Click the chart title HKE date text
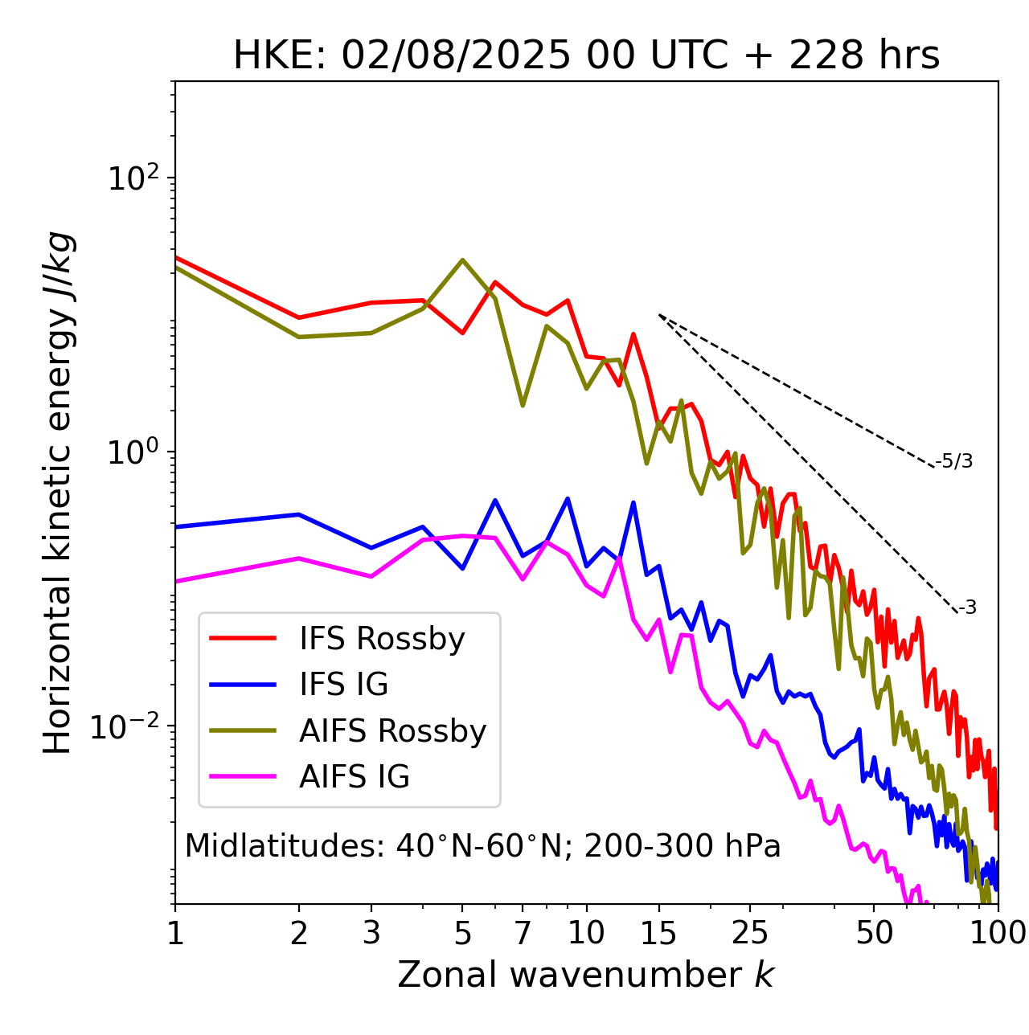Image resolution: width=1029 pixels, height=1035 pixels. coord(586,56)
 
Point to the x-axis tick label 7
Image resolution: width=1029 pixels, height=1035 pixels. coord(523,933)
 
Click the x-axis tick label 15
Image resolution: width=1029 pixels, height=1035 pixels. coord(659,933)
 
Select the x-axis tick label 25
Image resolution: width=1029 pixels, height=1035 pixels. coord(750,933)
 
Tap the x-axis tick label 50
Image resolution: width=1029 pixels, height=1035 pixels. coord(874,933)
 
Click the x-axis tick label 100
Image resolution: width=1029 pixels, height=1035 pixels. coord(997,933)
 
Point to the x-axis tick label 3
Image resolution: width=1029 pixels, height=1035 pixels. coord(371,933)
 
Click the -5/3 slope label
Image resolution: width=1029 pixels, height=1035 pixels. coord(954,461)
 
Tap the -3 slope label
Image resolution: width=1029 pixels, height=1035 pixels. coord(967,608)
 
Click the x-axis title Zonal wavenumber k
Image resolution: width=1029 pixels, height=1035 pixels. coord(586,976)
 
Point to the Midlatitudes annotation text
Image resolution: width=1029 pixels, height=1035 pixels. coord(482,846)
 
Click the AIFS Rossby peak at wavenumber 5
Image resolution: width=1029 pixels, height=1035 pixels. coord(462,260)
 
